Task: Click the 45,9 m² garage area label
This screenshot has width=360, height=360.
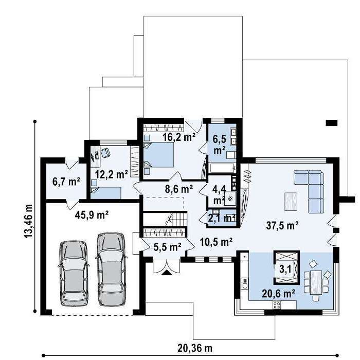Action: coord(92,215)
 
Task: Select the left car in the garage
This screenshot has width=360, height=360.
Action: coord(74,273)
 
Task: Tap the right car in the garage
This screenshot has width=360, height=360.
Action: coord(112,269)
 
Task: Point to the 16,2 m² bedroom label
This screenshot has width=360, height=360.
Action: coord(179,137)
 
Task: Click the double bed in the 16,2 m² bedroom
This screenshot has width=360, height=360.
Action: coord(158,155)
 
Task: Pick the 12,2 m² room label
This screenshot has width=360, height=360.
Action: coord(112,174)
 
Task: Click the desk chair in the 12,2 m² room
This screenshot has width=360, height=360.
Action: coord(105,152)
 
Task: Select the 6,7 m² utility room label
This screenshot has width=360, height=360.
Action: coord(66,182)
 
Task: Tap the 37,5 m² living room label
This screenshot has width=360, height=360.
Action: coord(282,225)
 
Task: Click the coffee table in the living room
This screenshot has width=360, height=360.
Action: coord(291,202)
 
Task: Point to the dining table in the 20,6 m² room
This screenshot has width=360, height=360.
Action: coord(316,282)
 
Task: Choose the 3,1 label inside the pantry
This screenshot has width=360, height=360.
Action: coord(285,269)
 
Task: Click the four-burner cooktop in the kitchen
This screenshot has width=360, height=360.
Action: coord(277,305)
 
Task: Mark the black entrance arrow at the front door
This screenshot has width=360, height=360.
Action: coord(167,272)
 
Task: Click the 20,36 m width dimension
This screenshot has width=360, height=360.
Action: coord(195,348)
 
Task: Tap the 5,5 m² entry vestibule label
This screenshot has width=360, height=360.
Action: coord(167,247)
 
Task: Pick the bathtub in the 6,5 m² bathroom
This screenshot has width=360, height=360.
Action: coord(223,168)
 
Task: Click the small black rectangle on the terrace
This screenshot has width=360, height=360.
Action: coord(332,123)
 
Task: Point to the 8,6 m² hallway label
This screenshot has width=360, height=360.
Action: coord(179,189)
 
